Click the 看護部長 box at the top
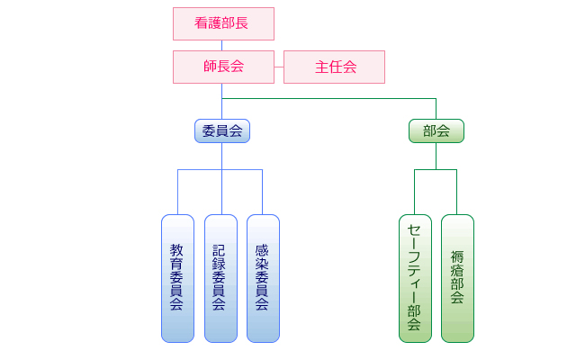click(222, 23)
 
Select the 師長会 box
click(222, 67)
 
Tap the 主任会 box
click(334, 67)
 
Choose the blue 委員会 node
click(222, 130)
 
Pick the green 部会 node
click(436, 130)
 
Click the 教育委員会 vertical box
click(177, 278)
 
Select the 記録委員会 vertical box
click(220, 278)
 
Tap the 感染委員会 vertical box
click(262, 278)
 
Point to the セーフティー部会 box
click(415, 278)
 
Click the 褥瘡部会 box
click(457, 278)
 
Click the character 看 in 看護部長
click(202, 23)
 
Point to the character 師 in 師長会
click(210, 67)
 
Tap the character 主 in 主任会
click(321, 67)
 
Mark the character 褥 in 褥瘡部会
click(457, 256)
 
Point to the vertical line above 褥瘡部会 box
click(457, 192)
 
